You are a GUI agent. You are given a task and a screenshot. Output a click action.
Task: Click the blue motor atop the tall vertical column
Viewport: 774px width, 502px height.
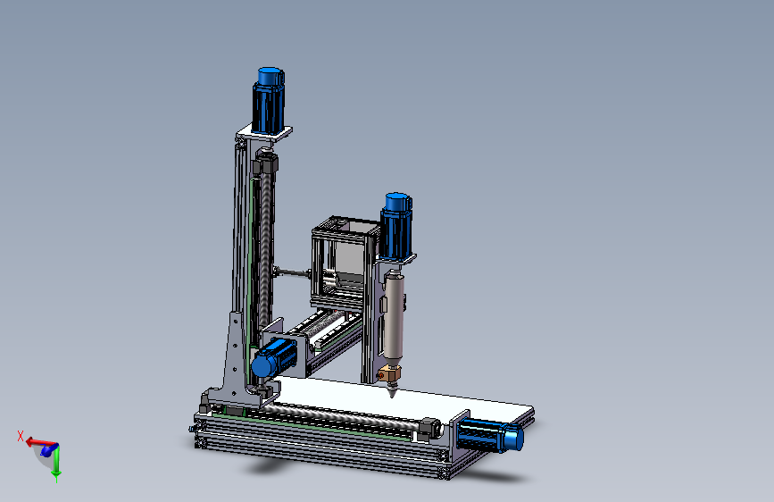(x=269, y=99)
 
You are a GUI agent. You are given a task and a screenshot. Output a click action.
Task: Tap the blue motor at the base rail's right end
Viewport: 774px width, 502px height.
(x=488, y=435)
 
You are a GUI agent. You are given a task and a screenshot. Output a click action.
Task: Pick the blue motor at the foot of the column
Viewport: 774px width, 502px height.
(x=273, y=358)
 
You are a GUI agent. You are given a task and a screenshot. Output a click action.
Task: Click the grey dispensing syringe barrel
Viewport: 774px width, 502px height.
(x=393, y=317)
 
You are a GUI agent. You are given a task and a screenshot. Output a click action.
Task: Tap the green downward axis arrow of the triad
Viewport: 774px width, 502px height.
(x=55, y=464)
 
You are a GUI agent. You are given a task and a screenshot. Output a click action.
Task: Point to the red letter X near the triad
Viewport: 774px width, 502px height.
(x=20, y=435)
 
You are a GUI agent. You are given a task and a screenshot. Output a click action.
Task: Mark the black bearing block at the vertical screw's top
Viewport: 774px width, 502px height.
(x=264, y=164)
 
